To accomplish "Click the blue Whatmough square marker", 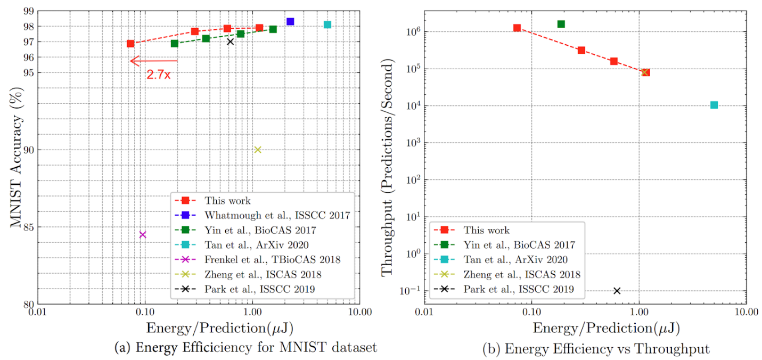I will tap(290, 21).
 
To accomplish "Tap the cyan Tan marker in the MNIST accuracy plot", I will tap(327, 24).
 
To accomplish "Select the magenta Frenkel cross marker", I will tap(142, 234).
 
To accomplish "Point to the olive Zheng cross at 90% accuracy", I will tap(258, 150).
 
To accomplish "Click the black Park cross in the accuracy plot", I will tap(230, 41).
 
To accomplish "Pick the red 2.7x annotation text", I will tap(158, 75).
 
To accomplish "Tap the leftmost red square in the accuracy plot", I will tap(130, 43).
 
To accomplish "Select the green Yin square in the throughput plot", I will tap(561, 24).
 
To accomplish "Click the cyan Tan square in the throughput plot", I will tap(714, 105).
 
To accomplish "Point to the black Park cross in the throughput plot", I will tap(617, 290).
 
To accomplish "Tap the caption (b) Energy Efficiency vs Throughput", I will tap(595, 349).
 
